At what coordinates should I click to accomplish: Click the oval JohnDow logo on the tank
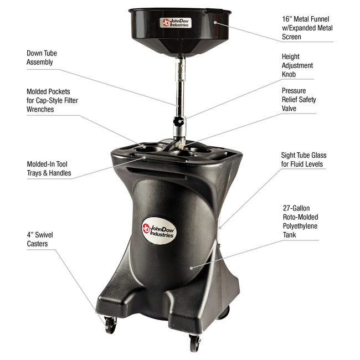point(158,228)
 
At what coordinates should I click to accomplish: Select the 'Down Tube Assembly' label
point(42,58)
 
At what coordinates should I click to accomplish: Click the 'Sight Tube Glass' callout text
point(303,160)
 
